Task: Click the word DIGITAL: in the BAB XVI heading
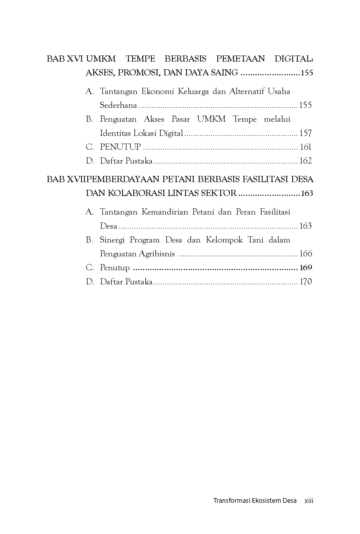pos(294,59)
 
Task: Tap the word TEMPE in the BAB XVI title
pos(140,59)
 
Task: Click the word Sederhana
pos(119,105)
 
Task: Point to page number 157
pos(305,133)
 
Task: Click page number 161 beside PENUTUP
pos(306,147)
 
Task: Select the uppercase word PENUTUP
pos(120,147)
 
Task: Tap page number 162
pos(305,161)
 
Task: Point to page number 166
pos(305,254)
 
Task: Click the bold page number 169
pos(305,268)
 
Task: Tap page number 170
pos(305,282)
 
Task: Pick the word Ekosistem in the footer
pos(266,500)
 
